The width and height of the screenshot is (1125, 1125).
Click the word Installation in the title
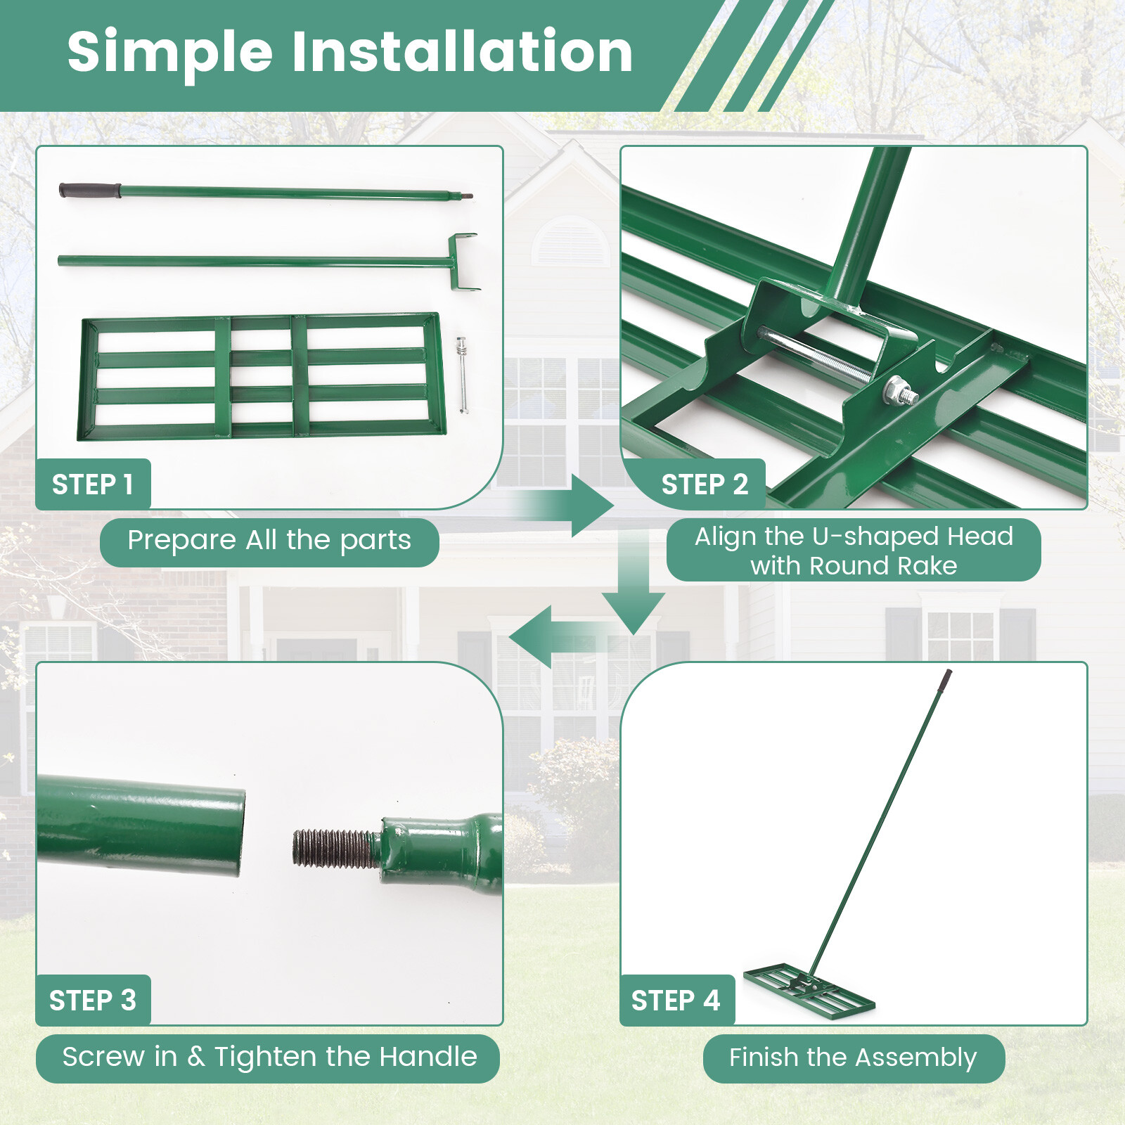point(462,52)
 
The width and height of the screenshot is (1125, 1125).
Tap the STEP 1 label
point(93,484)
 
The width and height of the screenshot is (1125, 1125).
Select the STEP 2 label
point(705,484)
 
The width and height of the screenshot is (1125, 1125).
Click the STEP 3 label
point(93,1000)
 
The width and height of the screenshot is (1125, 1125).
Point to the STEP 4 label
point(676,1000)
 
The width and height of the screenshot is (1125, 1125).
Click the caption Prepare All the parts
point(269,541)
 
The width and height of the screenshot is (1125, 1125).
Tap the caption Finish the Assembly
point(853,1057)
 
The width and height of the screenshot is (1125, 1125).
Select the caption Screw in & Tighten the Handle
point(269,1057)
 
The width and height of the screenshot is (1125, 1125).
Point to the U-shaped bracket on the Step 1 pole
point(463,262)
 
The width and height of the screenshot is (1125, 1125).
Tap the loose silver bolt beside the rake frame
point(462,373)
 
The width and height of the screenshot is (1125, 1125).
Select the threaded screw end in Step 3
point(336,847)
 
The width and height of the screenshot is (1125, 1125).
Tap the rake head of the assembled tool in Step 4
point(809,988)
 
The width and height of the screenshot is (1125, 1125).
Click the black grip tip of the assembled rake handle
point(946,679)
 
